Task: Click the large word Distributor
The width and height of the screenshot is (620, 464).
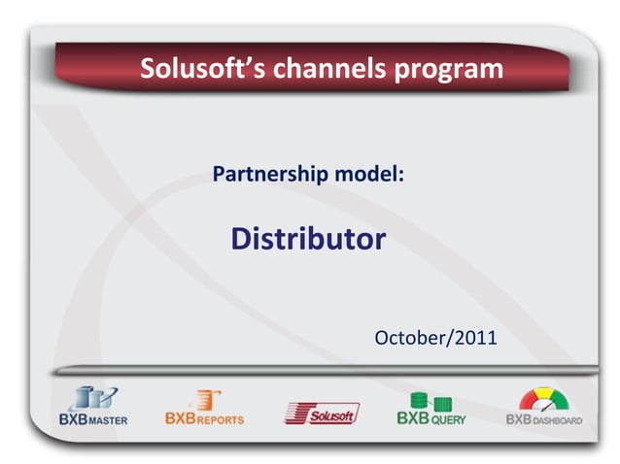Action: click(x=308, y=239)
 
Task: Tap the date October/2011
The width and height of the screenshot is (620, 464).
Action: click(x=435, y=338)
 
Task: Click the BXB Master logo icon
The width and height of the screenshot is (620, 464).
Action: click(x=93, y=399)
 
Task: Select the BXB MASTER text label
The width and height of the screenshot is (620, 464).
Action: click(x=93, y=420)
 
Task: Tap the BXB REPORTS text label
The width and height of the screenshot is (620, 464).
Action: click(x=204, y=419)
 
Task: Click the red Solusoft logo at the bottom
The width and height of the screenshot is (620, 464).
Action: click(x=322, y=413)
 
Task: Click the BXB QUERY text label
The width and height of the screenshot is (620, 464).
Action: click(x=431, y=419)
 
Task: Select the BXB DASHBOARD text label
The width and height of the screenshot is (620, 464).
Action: click(x=544, y=420)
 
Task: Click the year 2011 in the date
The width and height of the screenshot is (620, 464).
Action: click(x=474, y=338)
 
